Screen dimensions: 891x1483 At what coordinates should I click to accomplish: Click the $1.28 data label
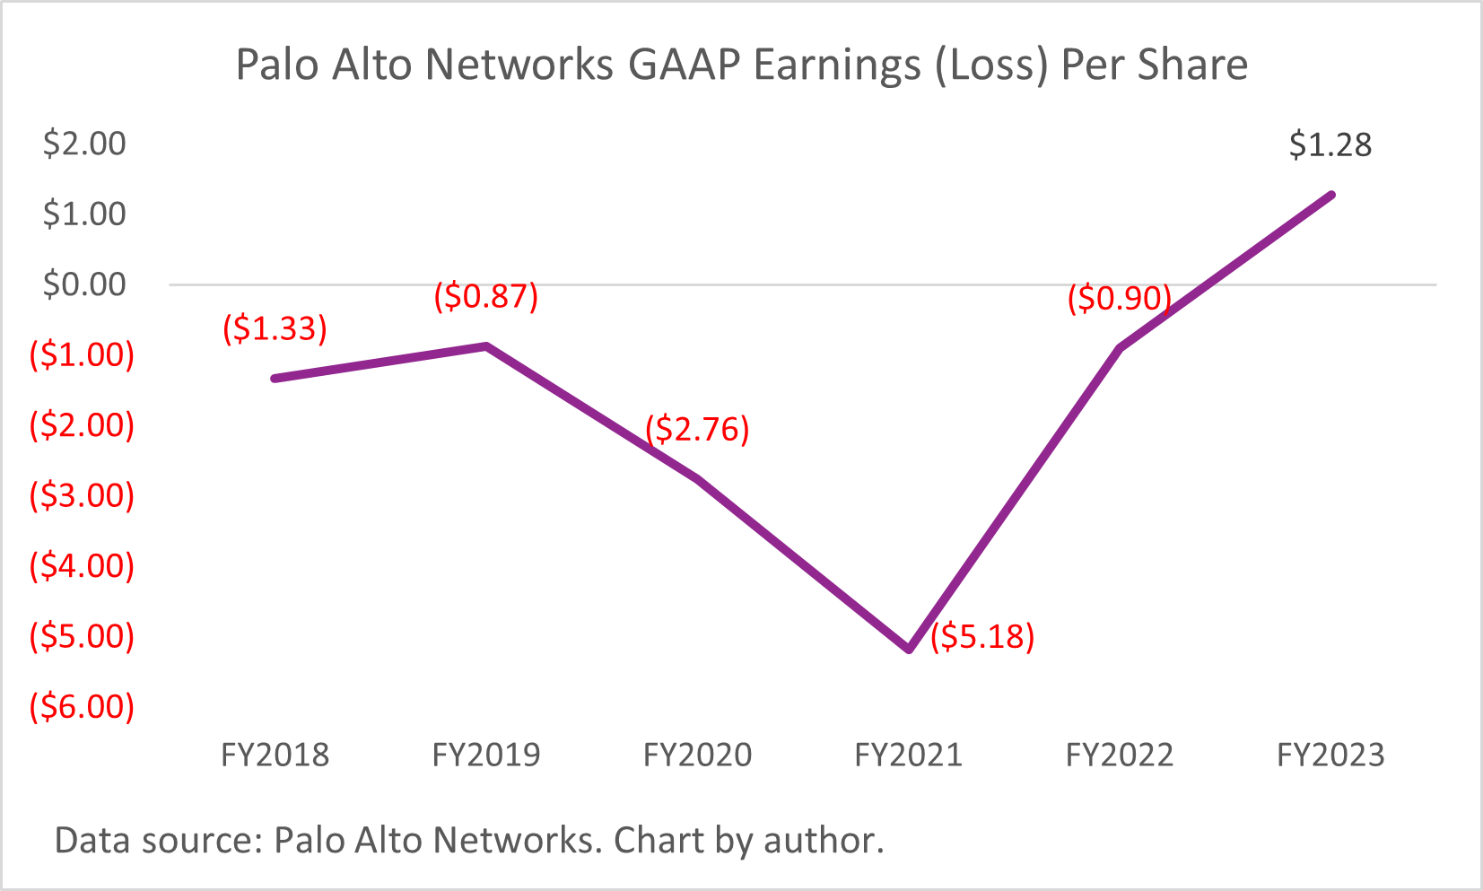tap(1330, 145)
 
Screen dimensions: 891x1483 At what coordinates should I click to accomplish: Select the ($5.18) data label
tap(982, 636)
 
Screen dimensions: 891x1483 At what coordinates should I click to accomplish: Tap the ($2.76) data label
tap(697, 429)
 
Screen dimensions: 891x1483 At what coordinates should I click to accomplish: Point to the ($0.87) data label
tap(485, 295)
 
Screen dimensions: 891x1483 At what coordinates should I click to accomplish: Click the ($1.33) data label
tap(275, 328)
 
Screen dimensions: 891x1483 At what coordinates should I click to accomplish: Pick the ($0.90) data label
tap(1119, 298)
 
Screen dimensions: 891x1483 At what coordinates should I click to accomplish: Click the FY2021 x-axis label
tap(908, 755)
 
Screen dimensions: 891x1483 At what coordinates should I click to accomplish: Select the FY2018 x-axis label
tap(275, 755)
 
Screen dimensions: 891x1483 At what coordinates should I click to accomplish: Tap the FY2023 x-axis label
tap(1330, 755)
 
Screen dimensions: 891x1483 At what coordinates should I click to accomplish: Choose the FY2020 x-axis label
tap(697, 755)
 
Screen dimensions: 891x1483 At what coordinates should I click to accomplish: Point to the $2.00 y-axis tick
tap(84, 144)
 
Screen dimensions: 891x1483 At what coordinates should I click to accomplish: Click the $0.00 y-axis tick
tap(84, 284)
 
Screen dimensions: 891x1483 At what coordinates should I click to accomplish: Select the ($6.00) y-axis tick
tap(82, 706)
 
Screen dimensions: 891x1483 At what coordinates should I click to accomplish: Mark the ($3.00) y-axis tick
tap(82, 495)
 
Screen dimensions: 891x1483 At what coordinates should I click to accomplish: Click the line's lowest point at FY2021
tap(909, 649)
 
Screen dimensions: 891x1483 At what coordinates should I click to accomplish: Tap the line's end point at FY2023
tap(1331, 195)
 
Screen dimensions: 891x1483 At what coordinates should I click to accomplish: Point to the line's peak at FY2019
tap(486, 345)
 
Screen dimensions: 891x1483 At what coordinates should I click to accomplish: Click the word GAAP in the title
tap(685, 66)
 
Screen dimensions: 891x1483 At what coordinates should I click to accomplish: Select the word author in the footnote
tap(824, 841)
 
